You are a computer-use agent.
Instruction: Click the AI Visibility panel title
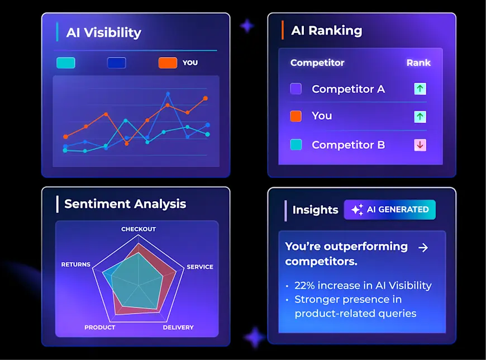pyautogui.click(x=103, y=32)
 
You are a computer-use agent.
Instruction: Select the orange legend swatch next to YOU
pyautogui.click(x=168, y=63)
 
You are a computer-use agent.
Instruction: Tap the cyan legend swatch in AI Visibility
pyautogui.click(x=66, y=63)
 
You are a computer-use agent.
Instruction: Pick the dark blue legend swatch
pyautogui.click(x=117, y=63)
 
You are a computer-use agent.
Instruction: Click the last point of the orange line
pyautogui.click(x=206, y=98)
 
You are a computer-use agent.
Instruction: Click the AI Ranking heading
pyautogui.click(x=326, y=31)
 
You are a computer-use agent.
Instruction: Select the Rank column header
pyautogui.click(x=418, y=63)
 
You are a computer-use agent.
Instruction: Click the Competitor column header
pyautogui.click(x=317, y=63)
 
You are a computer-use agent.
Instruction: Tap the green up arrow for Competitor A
pyautogui.click(x=420, y=89)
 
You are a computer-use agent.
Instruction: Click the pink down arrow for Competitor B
pyautogui.click(x=420, y=145)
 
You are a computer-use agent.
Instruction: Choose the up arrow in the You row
pyautogui.click(x=420, y=116)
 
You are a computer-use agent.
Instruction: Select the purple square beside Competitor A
pyautogui.click(x=296, y=89)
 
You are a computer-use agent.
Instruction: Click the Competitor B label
pyautogui.click(x=348, y=145)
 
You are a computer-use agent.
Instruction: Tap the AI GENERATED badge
pyautogui.click(x=390, y=210)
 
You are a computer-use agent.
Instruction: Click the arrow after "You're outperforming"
pyautogui.click(x=423, y=247)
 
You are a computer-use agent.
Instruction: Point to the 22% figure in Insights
pyautogui.click(x=305, y=285)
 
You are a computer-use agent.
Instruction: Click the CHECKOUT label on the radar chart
pyautogui.click(x=139, y=229)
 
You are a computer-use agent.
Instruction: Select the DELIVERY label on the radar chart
pyautogui.click(x=178, y=327)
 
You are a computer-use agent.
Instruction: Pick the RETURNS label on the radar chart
pyautogui.click(x=75, y=264)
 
